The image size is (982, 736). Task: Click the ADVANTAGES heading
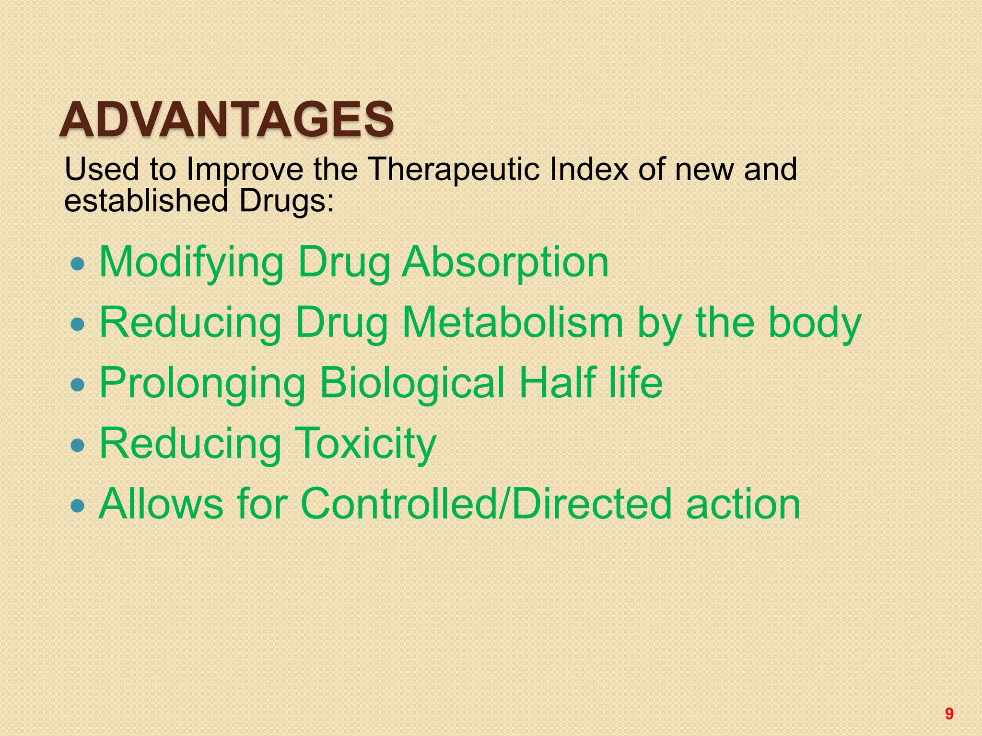[x=226, y=120]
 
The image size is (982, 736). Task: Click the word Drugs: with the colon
[x=286, y=201]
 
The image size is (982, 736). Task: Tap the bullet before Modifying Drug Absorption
[x=77, y=264]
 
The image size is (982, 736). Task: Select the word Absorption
[x=505, y=263]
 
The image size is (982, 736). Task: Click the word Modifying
[x=192, y=263]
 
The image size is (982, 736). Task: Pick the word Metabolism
[x=513, y=322]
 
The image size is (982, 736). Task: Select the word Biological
[x=412, y=383]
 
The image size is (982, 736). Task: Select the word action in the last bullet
[x=743, y=505]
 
